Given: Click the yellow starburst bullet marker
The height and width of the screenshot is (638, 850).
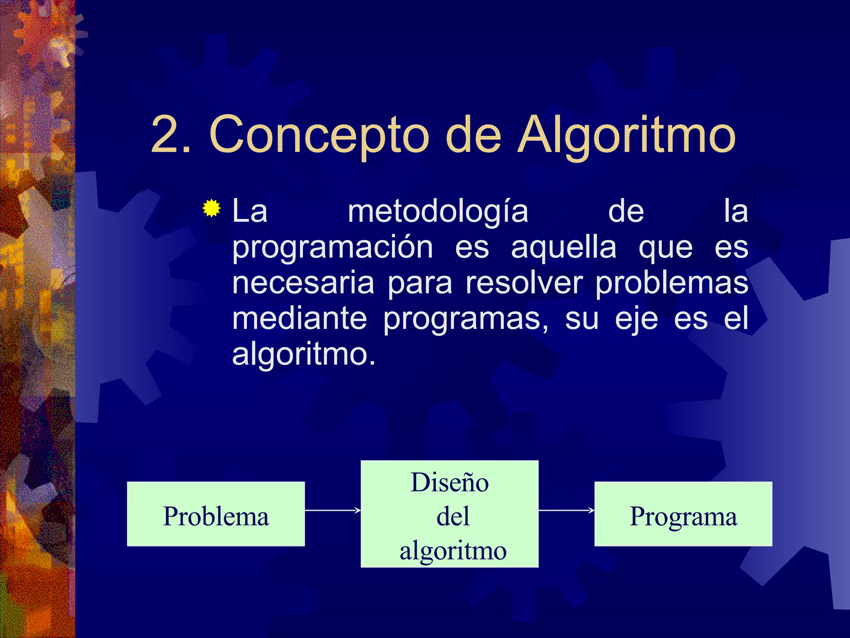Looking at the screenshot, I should coord(212,209).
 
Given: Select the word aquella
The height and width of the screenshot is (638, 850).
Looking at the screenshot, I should coord(564,248).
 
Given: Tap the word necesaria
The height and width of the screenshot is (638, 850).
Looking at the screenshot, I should coord(303,283).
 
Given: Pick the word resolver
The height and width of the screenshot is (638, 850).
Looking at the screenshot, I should coord(524,283).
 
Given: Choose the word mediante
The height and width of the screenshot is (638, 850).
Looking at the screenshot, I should coord(299,319).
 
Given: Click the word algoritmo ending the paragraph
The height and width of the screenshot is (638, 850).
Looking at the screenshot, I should coord(303,355).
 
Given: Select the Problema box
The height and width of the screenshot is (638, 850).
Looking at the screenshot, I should coord(216,514).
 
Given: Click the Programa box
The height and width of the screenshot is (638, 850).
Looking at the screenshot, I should coord(683,514).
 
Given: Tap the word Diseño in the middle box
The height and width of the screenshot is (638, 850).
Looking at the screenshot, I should coord(449,483).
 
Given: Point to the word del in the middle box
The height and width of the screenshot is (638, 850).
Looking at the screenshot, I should coord(453,516).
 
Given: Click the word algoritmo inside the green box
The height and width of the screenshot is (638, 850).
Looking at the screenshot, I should coord(453,551).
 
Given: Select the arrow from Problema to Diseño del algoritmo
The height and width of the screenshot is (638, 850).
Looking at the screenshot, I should coord(332,510).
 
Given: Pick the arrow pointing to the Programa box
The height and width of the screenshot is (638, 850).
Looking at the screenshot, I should coord(567,510).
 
